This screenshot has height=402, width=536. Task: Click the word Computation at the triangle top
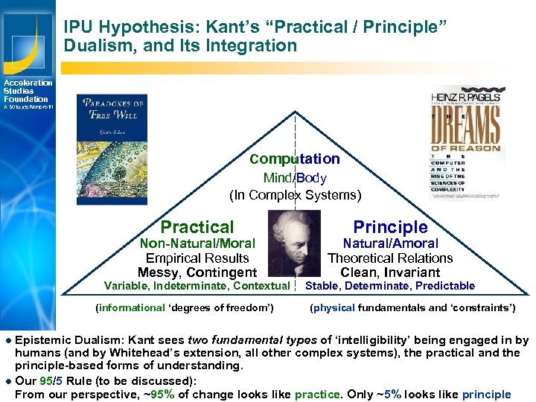tap(295, 159)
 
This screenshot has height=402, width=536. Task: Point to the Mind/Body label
tap(295, 178)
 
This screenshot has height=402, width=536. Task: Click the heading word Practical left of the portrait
tap(197, 227)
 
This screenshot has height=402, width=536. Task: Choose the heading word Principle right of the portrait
tap(390, 227)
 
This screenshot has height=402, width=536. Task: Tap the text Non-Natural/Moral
tap(197, 243)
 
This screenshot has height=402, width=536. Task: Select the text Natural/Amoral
tap(390, 243)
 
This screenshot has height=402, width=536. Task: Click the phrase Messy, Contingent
tap(197, 272)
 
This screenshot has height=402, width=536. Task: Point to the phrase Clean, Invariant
tap(390, 272)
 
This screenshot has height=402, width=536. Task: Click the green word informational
tap(132, 307)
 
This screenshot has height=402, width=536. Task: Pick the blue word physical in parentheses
tap(335, 307)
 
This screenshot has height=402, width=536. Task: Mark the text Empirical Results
tap(197, 258)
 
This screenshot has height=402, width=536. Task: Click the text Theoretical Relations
tap(390, 258)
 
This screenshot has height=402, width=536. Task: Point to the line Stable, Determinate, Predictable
tap(390, 286)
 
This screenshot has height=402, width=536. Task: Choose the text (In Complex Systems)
tap(295, 196)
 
